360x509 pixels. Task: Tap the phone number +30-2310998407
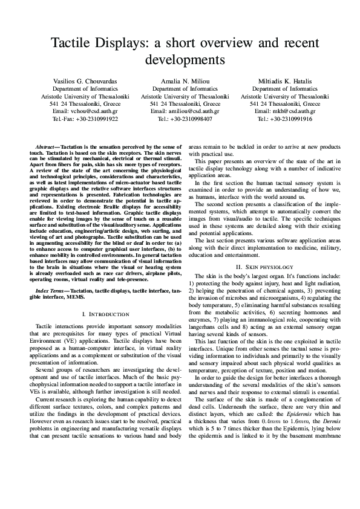click(x=192, y=119)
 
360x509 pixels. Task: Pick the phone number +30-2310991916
click(x=292, y=119)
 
